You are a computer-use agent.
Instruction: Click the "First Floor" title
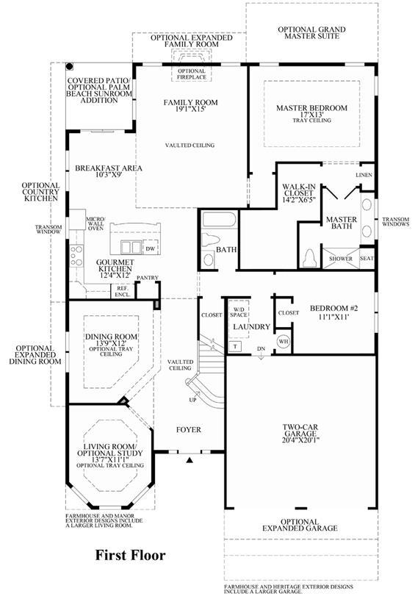click(130, 555)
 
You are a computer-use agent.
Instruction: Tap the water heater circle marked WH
click(284, 341)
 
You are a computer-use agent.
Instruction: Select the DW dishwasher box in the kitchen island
click(151, 248)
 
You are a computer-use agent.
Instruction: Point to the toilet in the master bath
click(309, 258)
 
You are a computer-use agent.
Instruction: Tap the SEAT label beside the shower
click(367, 258)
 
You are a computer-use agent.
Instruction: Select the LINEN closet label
click(364, 175)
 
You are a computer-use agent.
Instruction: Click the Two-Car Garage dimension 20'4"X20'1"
click(301, 440)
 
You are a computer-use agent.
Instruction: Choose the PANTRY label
click(148, 278)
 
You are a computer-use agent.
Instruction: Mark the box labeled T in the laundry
click(235, 346)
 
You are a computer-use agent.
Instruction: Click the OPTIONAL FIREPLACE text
click(192, 74)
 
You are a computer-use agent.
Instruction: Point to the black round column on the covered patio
click(70, 67)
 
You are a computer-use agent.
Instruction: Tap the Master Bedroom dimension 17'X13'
click(312, 114)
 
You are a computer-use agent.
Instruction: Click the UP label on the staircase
click(192, 400)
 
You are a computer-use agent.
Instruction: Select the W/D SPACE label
click(239, 312)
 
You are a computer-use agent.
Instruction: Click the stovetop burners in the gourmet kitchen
click(76, 256)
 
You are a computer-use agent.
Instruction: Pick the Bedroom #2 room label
click(333, 308)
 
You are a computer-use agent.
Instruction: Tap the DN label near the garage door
click(261, 349)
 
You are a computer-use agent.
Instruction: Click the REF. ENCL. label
click(123, 292)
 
